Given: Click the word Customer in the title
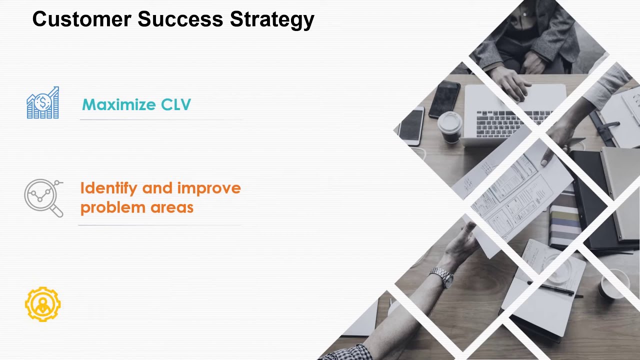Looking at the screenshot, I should click(x=81, y=19).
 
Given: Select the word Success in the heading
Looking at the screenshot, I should click(x=180, y=19).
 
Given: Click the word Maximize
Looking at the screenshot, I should click(x=118, y=104).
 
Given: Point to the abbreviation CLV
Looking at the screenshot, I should click(x=175, y=104).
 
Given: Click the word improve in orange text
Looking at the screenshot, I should click(x=208, y=189).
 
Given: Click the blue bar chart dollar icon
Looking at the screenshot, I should click(x=43, y=103).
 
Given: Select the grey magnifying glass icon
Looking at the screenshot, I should click(x=44, y=197).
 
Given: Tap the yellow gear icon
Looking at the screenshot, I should click(x=43, y=303).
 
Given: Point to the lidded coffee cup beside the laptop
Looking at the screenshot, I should click(x=450, y=126).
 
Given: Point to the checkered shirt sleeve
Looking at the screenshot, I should click(x=350, y=352).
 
